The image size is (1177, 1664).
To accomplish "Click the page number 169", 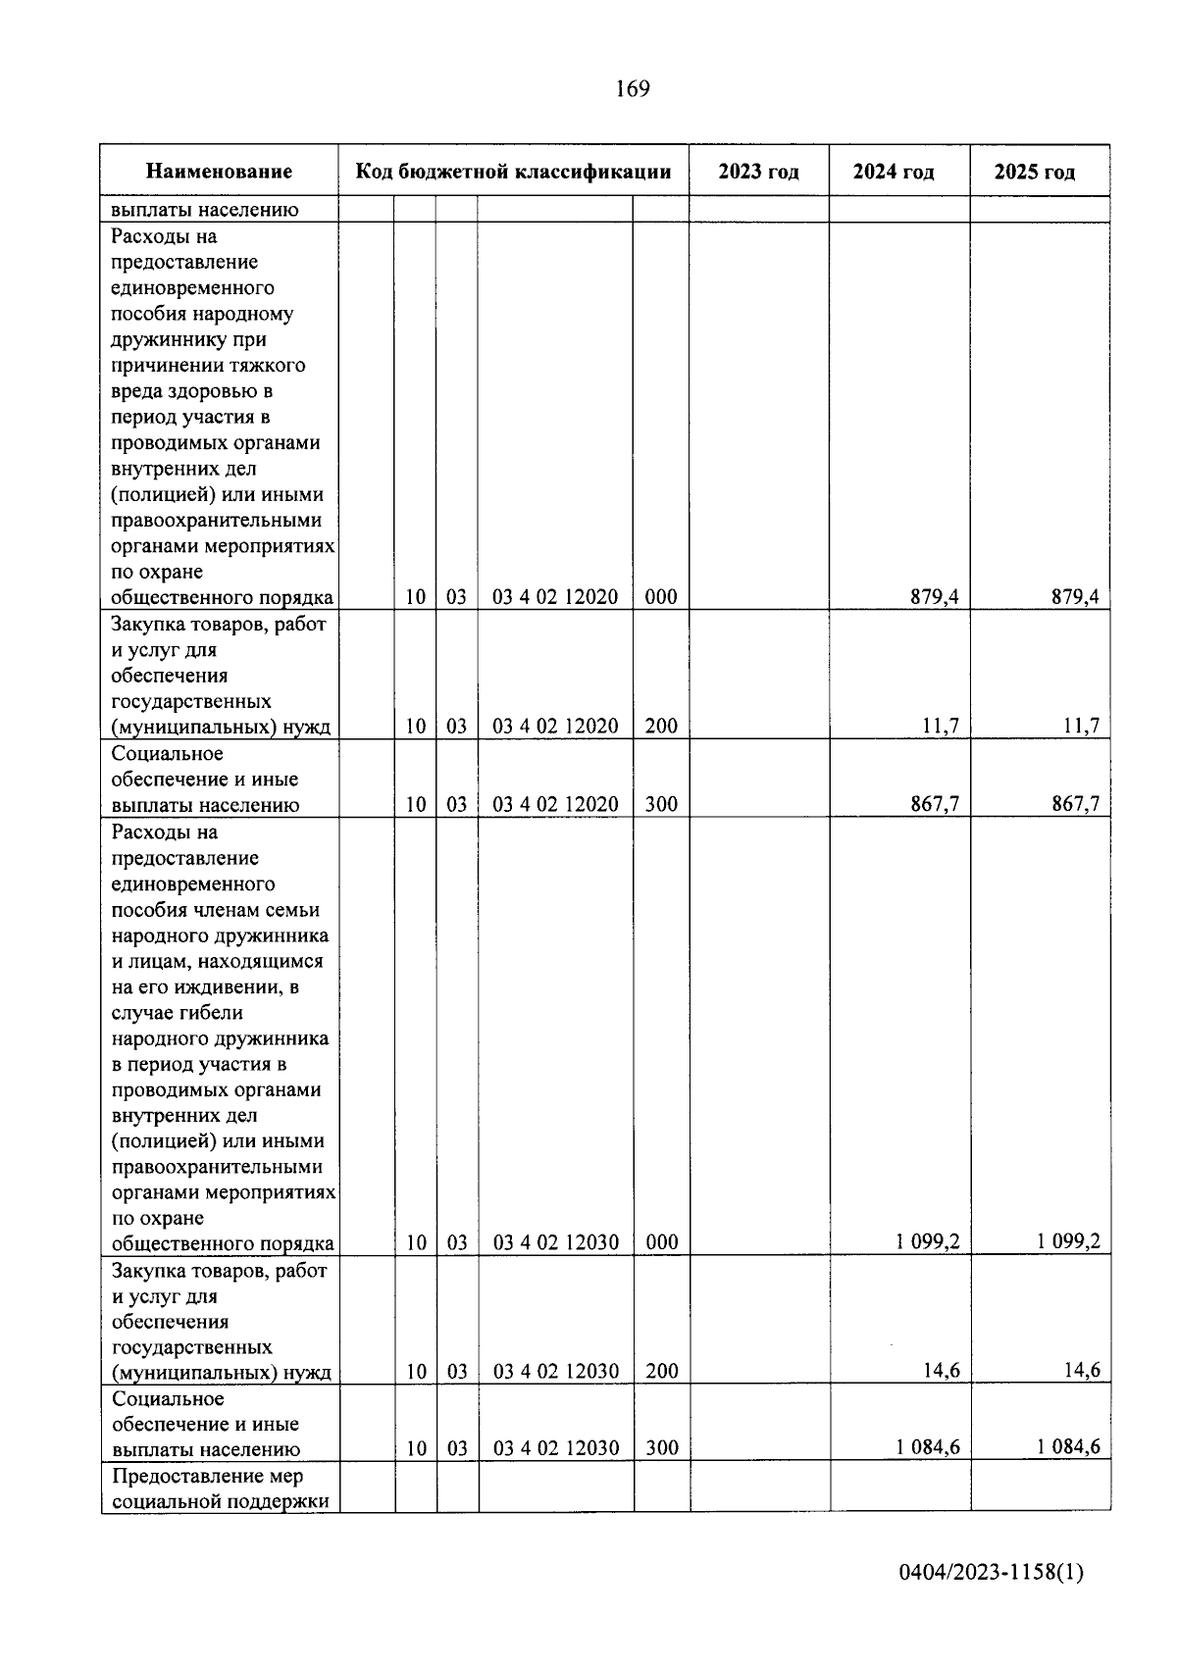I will (633, 89).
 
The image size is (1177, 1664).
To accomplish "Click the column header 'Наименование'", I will (219, 172).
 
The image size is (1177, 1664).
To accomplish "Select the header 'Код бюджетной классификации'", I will (513, 172).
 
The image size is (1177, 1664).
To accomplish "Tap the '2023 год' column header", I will (758, 172).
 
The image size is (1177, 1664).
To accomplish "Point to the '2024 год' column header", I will (894, 173).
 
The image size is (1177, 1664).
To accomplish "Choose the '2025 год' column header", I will (1035, 173).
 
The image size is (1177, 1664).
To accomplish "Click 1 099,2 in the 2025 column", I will (1069, 1242).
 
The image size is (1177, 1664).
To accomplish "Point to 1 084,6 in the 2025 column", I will (1069, 1447).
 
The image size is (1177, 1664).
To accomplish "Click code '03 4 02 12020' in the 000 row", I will (555, 597).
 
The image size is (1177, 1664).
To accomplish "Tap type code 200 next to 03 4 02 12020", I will (661, 727).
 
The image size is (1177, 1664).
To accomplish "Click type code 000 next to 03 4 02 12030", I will (662, 1242).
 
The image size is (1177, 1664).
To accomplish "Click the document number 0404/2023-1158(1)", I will (991, 1573).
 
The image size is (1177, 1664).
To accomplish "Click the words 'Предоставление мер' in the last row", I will (208, 1476).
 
